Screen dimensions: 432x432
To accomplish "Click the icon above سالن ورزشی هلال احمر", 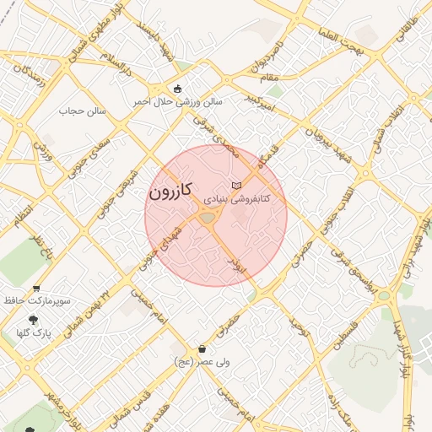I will point(177,88).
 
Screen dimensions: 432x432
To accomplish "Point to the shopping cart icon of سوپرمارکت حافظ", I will point(35,288).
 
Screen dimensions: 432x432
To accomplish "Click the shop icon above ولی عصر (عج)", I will point(202,349).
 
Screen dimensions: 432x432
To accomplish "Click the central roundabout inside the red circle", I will point(208,219).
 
